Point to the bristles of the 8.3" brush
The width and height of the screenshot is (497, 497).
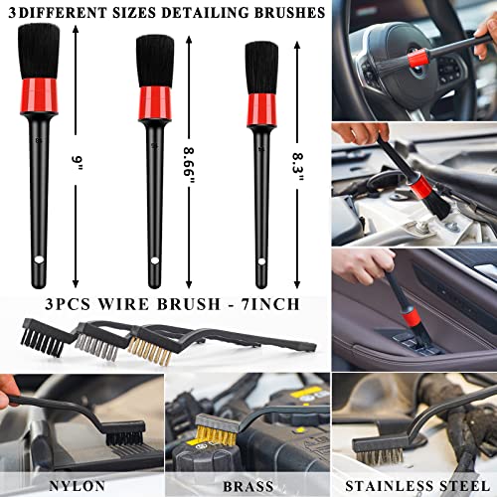point(259,62)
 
